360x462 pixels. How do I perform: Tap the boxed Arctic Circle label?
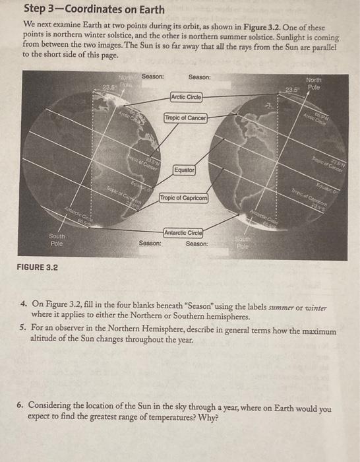(187, 97)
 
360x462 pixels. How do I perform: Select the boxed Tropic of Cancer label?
(186, 118)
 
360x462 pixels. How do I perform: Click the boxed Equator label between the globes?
(185, 170)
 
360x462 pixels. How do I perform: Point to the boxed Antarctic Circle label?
(183, 232)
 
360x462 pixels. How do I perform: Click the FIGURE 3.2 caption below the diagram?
(38, 267)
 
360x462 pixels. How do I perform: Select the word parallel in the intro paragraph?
(321, 46)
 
